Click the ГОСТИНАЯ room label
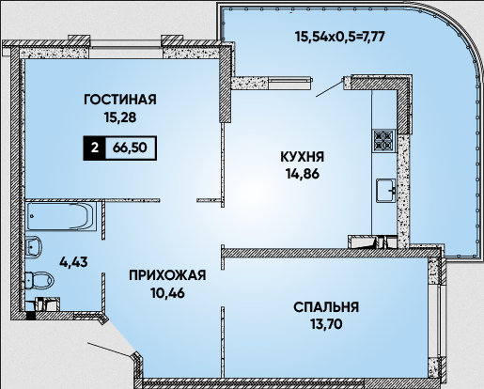[x=120, y=100]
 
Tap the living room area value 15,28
[x=120, y=117]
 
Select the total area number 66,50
[x=130, y=148]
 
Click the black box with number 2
[x=94, y=148]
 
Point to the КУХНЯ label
[x=303, y=157]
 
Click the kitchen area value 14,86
[x=303, y=174]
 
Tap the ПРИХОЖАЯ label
[x=167, y=275]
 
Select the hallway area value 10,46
[x=167, y=293]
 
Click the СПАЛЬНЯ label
[x=326, y=307]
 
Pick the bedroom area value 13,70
[x=326, y=324]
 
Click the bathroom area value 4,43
[x=74, y=262]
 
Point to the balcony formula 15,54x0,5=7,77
[x=340, y=37]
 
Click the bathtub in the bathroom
[x=61, y=216]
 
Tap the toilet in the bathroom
[x=39, y=280]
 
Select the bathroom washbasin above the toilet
[x=33, y=247]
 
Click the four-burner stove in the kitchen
[x=384, y=140]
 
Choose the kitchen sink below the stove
[x=386, y=191]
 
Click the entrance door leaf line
[x=109, y=350]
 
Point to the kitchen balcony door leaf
[x=330, y=88]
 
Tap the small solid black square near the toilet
[x=30, y=316]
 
